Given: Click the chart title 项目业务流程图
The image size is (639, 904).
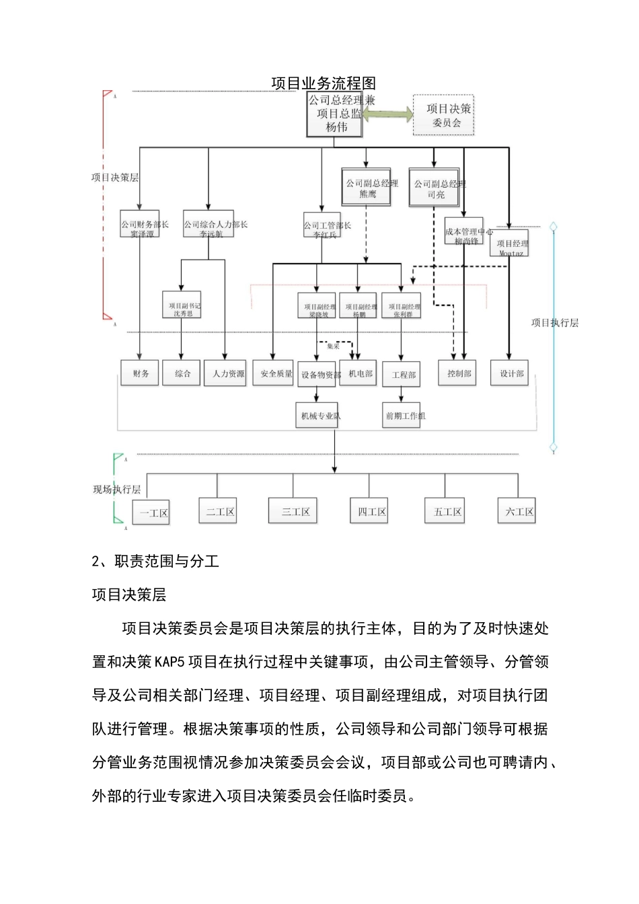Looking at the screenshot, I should pyautogui.click(x=324, y=83).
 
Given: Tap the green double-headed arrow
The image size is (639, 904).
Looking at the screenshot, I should pyautogui.click(x=388, y=115).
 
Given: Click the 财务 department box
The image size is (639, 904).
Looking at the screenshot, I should pyautogui.click(x=140, y=373).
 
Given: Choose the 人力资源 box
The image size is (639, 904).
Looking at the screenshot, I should pyautogui.click(x=228, y=373).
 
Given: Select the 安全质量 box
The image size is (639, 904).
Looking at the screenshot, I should pyautogui.click(x=276, y=373).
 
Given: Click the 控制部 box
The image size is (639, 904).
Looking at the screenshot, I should pyautogui.click(x=459, y=373).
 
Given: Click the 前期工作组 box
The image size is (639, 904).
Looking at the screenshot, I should pyautogui.click(x=404, y=416).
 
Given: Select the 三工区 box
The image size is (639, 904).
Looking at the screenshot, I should pyautogui.click(x=295, y=511).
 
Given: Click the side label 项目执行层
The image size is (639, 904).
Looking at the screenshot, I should pyautogui.click(x=555, y=323).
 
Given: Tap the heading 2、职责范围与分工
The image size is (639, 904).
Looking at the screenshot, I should pyautogui.click(x=156, y=561).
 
